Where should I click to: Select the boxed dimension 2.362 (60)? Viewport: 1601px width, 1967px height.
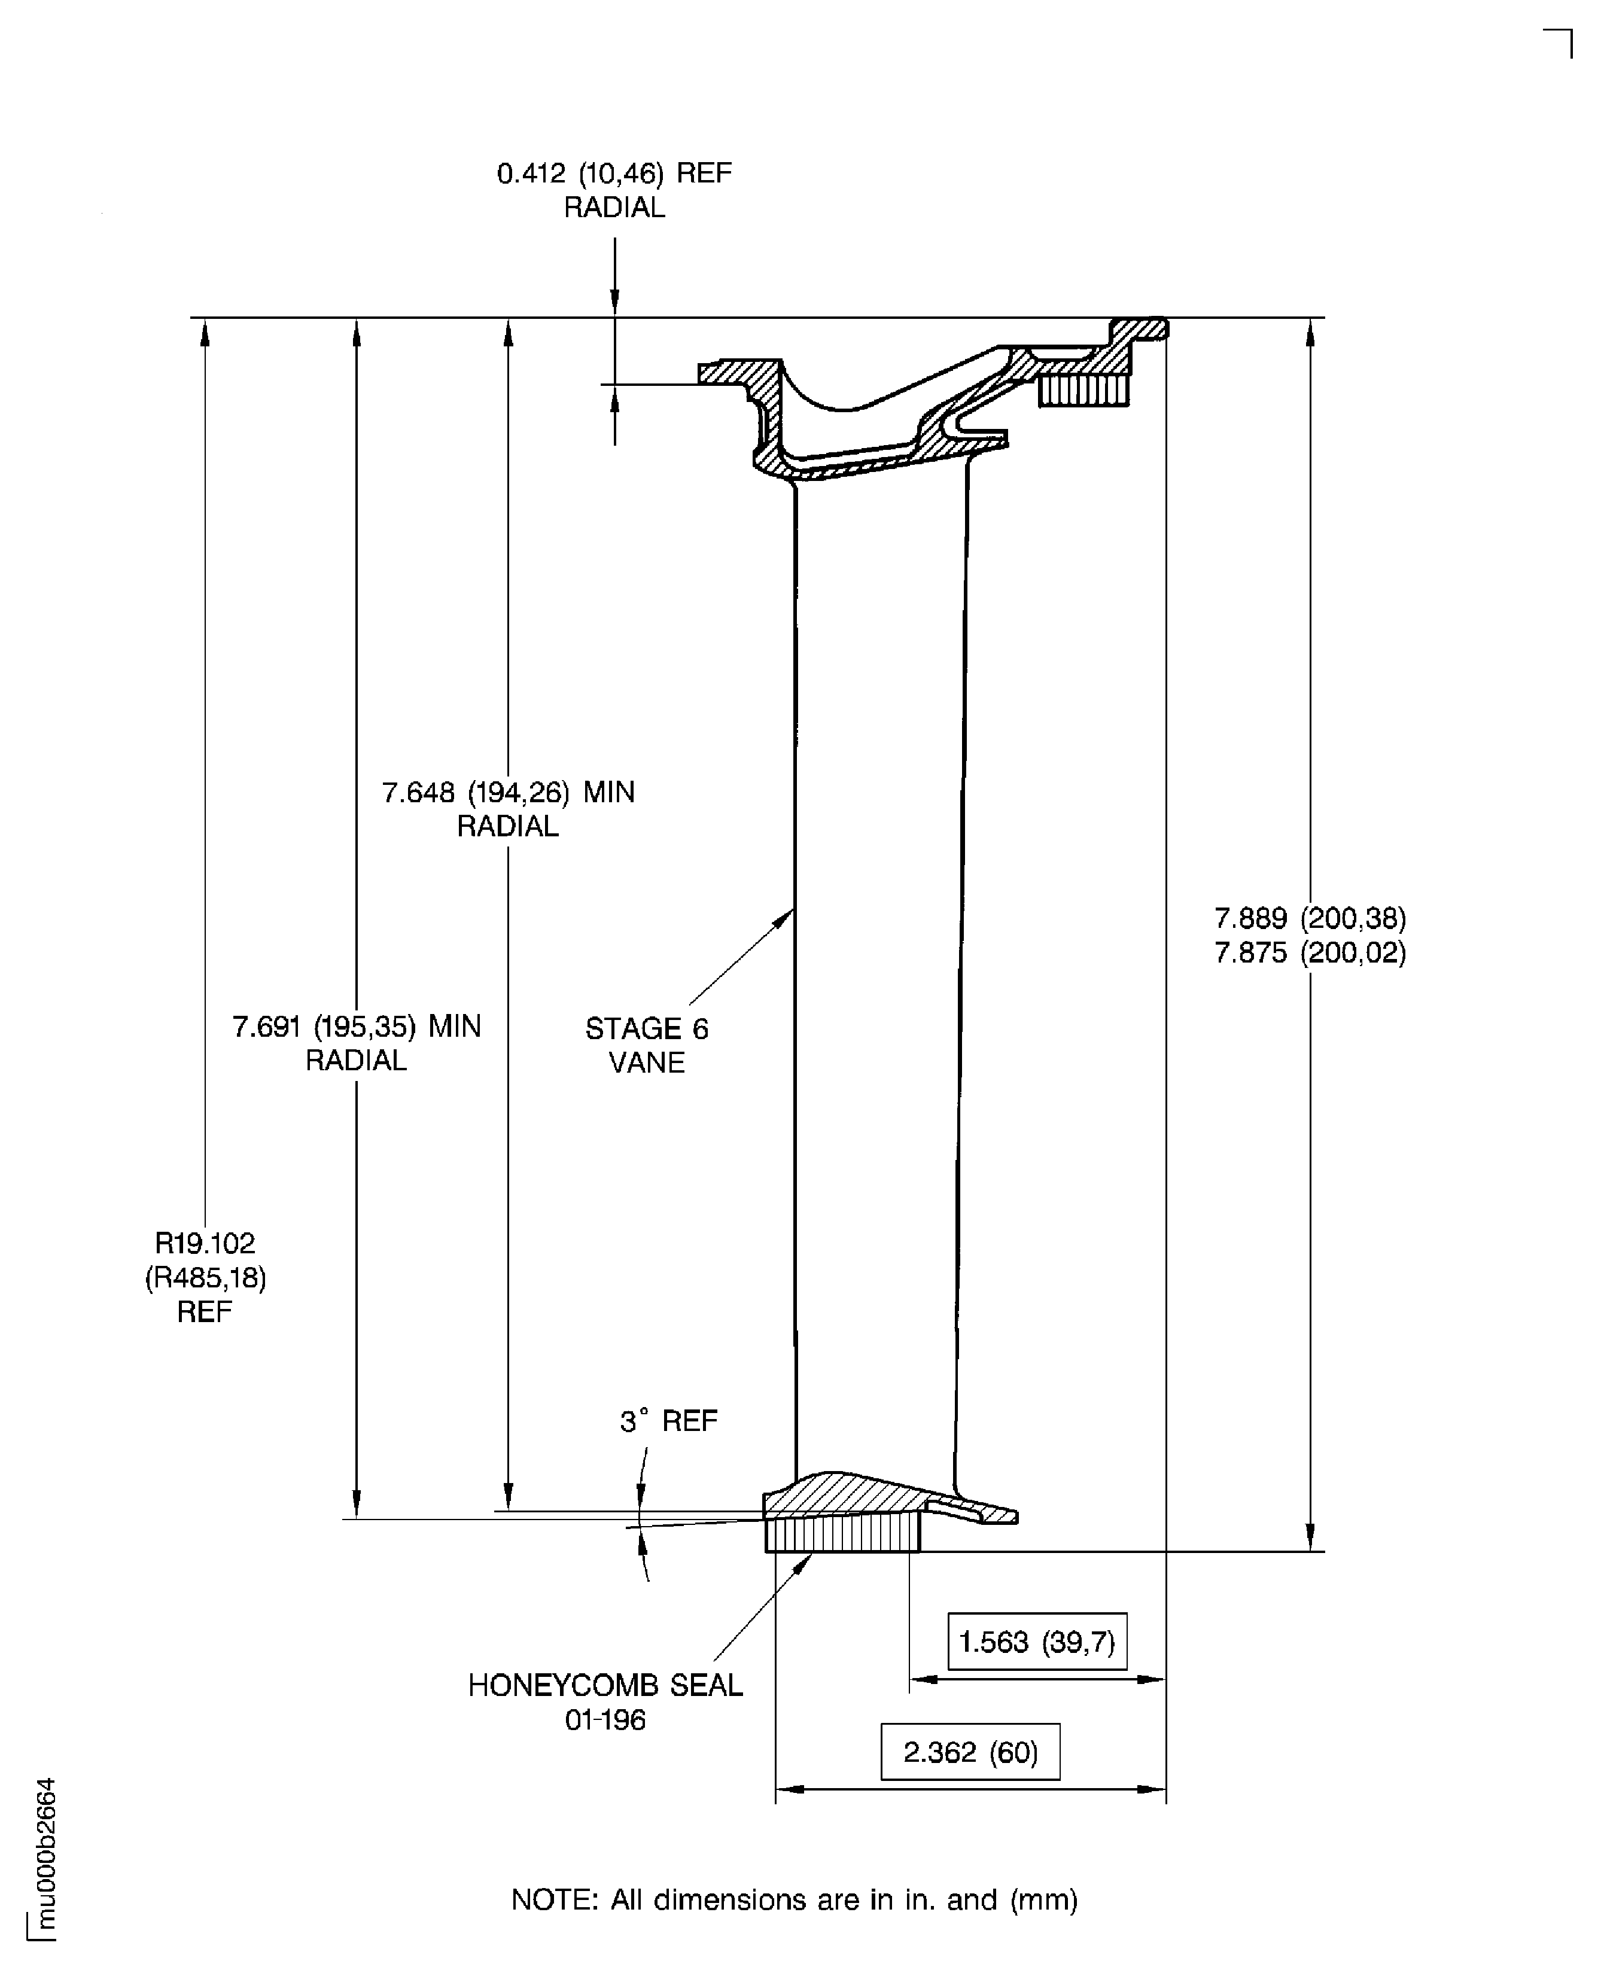[x=970, y=1751]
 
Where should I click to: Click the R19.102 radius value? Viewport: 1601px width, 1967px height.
[x=205, y=1243]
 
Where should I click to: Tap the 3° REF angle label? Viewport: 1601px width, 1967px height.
[x=669, y=1421]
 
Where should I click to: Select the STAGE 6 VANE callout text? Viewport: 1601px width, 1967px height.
[x=647, y=1045]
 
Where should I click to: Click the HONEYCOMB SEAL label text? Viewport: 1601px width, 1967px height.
[x=605, y=1685]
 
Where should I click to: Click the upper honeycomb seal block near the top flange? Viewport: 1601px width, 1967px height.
[x=1083, y=390]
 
